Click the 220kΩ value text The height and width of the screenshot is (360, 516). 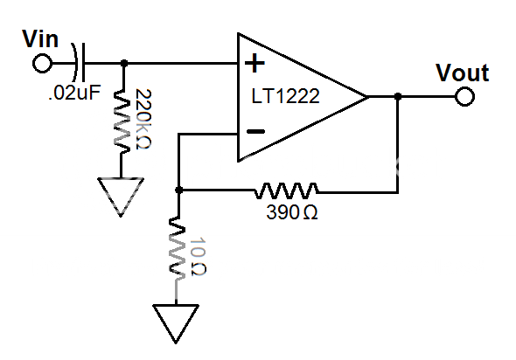tap(144, 119)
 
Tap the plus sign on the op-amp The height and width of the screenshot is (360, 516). tap(255, 63)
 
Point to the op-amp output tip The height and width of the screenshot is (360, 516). tap(365, 97)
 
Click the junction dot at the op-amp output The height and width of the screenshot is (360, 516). tap(398, 97)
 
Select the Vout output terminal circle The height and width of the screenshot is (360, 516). tap(464, 97)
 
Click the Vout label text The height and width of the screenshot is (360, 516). tap(462, 73)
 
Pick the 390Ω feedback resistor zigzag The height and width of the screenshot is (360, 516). tap(287, 189)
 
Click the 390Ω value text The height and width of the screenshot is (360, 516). tap(290, 211)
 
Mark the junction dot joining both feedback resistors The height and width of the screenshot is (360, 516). tap(178, 190)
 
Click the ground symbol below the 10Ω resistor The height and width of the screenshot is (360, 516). tap(178, 321)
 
